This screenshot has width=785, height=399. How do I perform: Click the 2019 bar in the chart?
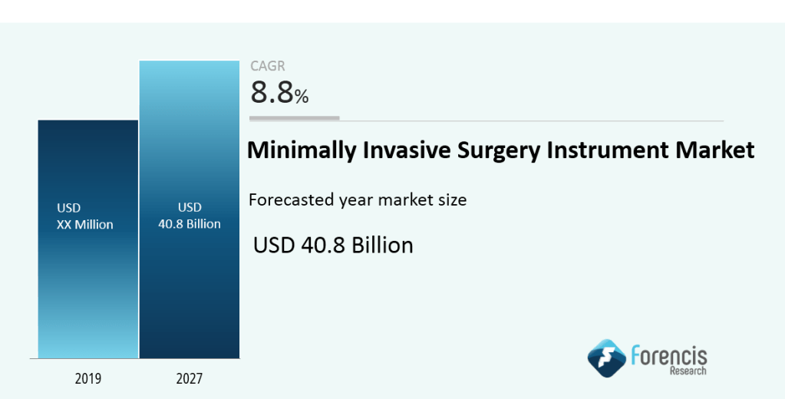point(88,292)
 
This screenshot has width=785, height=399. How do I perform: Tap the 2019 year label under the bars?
point(88,378)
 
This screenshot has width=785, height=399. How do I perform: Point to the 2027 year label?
point(189,378)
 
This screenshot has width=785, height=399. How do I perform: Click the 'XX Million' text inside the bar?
point(84,225)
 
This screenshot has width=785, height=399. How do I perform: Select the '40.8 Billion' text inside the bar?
point(189,224)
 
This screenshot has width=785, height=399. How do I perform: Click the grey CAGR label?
point(268,67)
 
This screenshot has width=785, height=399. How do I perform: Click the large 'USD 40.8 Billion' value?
point(333,245)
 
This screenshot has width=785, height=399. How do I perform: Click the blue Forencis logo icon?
point(606,359)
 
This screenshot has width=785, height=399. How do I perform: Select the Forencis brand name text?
point(668,354)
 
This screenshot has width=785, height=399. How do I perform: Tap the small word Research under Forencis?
point(687,371)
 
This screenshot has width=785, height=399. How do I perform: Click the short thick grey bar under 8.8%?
point(295,118)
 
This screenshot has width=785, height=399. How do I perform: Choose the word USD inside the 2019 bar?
point(68,208)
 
